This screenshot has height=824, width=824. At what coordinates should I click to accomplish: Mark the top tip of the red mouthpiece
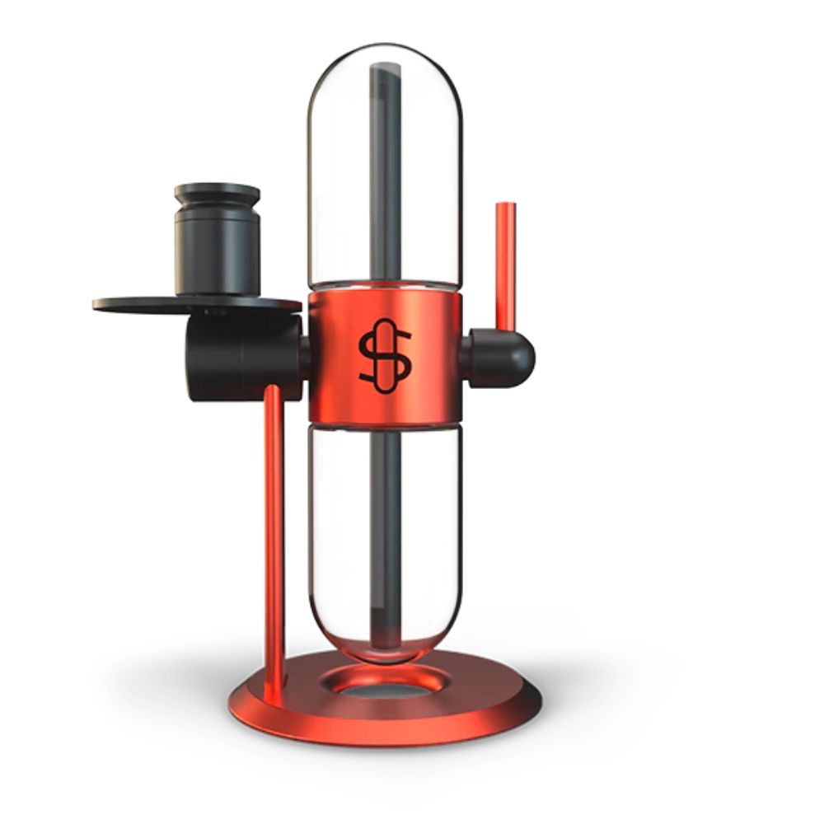tap(502, 207)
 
